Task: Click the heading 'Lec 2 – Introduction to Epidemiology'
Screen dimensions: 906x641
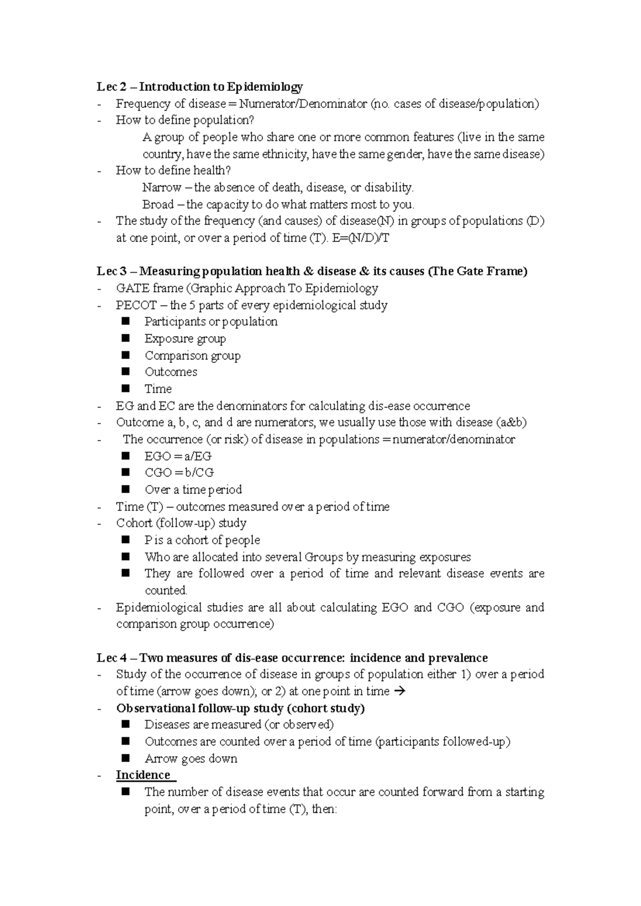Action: coord(199,87)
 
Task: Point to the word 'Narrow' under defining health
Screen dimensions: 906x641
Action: coord(161,188)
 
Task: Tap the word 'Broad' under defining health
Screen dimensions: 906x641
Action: coord(158,205)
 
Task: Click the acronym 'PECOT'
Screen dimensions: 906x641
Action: coord(136,305)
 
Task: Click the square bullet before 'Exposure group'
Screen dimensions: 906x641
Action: coord(126,338)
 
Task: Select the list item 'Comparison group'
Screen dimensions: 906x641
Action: coord(192,356)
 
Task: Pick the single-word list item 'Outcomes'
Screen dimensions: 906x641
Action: coord(171,372)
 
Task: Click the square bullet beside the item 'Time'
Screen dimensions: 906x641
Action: coord(126,388)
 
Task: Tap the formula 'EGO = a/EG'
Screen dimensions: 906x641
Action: coord(178,456)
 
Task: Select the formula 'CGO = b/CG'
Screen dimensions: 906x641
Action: coord(179,473)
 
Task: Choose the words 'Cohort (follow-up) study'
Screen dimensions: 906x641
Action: coord(181,523)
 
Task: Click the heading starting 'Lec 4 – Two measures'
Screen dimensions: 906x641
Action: coord(292,658)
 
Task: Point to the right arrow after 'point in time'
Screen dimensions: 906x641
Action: coord(399,691)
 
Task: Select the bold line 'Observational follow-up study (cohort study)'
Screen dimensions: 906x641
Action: coord(240,708)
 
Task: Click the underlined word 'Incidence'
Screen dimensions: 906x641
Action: coord(143,775)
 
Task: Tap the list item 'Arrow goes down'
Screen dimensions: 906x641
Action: coord(191,759)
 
